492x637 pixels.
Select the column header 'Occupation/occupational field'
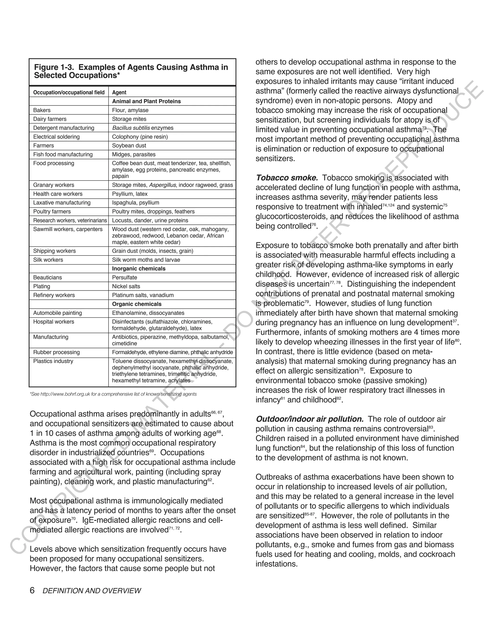click(x=69, y=93)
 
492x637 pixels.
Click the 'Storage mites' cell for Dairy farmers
click(x=129, y=119)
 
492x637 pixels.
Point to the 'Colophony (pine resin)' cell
click(x=140, y=137)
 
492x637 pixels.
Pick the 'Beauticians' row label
click(x=48, y=277)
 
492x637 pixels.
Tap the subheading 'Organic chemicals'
click(x=137, y=304)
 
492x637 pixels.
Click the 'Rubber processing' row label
click(x=56, y=352)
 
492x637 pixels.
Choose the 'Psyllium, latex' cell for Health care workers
click(x=130, y=194)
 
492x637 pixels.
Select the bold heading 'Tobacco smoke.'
click(x=287, y=178)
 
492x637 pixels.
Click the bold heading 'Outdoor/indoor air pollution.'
click(x=309, y=419)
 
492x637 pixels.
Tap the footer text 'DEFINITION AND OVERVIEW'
click(x=92, y=591)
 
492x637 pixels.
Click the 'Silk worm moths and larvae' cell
click(x=146, y=260)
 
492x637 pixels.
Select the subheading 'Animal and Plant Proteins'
click(x=146, y=101)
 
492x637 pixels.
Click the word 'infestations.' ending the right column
click(x=277, y=564)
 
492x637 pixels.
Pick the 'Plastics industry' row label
click(x=53, y=361)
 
